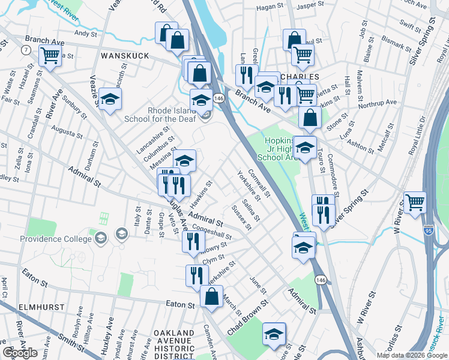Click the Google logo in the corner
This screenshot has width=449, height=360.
point(20,353)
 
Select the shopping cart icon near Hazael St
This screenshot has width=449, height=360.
point(50,56)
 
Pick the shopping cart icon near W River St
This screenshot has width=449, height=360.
point(415,202)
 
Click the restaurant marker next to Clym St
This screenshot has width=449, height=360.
point(196,275)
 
